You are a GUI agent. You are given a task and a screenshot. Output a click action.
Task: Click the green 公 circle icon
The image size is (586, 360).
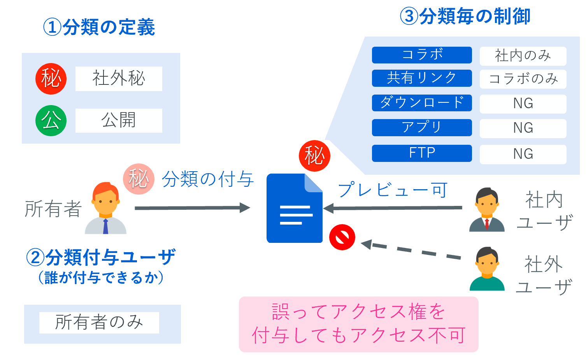click(x=51, y=121)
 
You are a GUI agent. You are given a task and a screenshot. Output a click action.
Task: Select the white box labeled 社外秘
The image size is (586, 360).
click(x=119, y=79)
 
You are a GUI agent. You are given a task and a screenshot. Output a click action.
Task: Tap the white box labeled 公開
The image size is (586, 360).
click(x=119, y=121)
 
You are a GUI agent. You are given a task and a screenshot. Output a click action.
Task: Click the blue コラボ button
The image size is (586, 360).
click(x=422, y=55)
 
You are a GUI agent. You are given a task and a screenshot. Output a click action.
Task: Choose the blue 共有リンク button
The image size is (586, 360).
click(x=422, y=78)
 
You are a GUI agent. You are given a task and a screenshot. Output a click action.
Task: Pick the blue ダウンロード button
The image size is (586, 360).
click(x=422, y=103)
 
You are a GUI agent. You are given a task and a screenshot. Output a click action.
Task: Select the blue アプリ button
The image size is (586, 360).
click(x=422, y=128)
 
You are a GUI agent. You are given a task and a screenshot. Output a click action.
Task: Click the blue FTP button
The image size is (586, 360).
click(x=422, y=153)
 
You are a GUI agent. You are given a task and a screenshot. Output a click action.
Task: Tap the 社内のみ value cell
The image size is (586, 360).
click(x=523, y=56)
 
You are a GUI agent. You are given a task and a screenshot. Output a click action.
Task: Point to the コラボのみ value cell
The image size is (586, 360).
click(x=523, y=79)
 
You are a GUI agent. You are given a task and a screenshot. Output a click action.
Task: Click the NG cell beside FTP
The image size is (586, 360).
click(x=523, y=154)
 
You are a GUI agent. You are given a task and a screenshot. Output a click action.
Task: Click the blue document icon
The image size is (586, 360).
click(x=295, y=209)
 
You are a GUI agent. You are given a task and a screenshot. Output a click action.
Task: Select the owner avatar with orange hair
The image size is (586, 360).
click(x=105, y=209)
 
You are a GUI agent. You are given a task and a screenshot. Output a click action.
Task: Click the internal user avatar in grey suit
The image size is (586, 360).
click(x=487, y=210)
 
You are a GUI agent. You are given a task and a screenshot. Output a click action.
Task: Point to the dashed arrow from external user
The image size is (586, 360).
click(x=412, y=251)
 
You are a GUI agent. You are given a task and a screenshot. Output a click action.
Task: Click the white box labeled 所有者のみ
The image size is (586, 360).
click(x=99, y=323)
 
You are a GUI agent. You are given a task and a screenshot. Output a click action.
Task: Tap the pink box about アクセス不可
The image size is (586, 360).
click(x=358, y=324)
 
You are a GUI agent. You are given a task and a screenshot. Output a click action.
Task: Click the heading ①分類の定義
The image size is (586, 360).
click(x=99, y=27)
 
